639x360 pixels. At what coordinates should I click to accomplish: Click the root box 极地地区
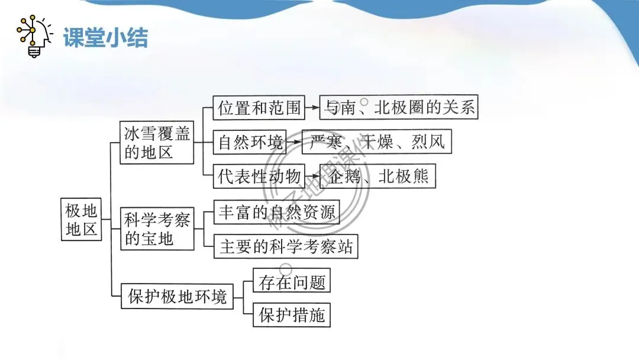point(82,219)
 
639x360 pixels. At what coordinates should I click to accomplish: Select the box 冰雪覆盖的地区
point(156,143)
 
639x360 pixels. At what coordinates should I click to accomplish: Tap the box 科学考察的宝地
point(156,229)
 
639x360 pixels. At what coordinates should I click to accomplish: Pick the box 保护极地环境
point(177,296)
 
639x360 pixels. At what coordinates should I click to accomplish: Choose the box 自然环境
point(250,143)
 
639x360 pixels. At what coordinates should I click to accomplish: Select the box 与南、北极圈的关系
point(398,108)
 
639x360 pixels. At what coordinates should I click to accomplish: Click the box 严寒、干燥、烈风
point(377,143)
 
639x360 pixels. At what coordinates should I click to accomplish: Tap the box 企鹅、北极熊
point(377,177)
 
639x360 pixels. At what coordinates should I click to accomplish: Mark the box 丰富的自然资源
point(276,213)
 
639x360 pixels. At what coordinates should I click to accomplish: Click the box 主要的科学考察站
point(286,246)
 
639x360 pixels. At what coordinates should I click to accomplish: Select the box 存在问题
point(292,282)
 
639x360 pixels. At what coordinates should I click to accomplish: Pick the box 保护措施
point(292,315)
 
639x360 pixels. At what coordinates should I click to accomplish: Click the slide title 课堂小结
point(105,38)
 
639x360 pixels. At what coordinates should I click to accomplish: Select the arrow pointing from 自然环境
point(294,143)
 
